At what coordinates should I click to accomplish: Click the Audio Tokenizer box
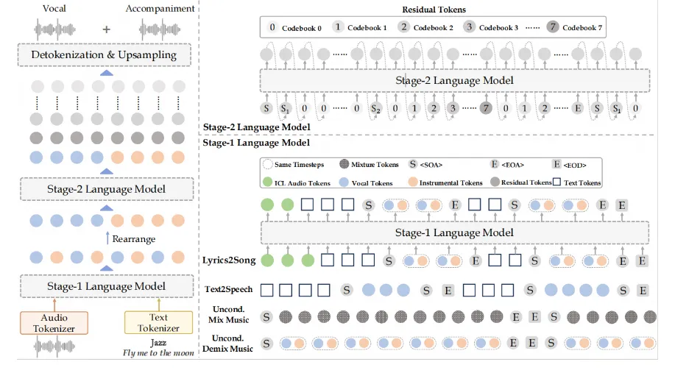tap(54, 323)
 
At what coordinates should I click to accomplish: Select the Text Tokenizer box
tap(158, 323)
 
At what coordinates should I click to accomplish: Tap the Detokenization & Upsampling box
tap(105, 55)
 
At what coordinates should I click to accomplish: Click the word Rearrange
tap(133, 239)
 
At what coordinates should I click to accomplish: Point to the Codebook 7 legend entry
tap(575, 27)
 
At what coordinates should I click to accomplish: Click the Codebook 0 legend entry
tap(294, 27)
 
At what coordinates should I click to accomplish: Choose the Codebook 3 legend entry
tap(491, 27)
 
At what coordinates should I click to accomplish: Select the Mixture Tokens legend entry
tap(369, 164)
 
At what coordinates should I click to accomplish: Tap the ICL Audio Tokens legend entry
tap(297, 182)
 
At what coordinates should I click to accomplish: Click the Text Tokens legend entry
tap(577, 182)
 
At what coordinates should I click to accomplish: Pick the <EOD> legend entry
tap(570, 164)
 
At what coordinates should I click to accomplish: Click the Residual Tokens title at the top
tap(434, 10)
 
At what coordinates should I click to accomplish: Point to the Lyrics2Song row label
tap(229, 260)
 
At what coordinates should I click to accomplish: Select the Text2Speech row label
tap(229, 289)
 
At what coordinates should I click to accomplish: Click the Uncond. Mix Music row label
tap(229, 314)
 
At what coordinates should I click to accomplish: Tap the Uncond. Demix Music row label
tap(227, 344)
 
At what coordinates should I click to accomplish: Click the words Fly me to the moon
tap(158, 353)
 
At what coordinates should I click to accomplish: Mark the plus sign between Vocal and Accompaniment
tap(106, 29)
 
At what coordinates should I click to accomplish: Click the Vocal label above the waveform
tap(54, 8)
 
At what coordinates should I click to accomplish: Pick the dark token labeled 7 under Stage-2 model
tap(486, 108)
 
